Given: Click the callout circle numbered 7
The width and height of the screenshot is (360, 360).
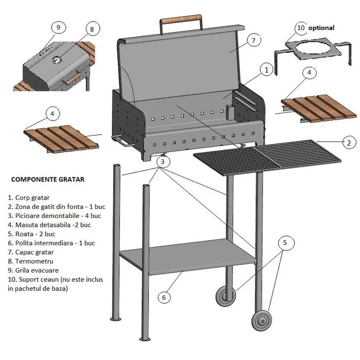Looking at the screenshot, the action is [254, 41].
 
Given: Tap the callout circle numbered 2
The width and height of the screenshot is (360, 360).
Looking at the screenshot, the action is [349, 143].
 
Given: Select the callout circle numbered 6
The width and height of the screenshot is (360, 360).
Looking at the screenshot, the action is [164, 297].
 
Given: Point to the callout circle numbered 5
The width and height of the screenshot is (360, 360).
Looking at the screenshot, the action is [285, 242].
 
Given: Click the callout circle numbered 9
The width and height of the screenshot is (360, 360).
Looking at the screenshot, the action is [58, 27].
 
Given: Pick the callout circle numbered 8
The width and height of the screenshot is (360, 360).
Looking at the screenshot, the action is [92, 29].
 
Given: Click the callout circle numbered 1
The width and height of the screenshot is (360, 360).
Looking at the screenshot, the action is [266, 70].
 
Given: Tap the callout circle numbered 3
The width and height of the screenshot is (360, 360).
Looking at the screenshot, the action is [163, 161].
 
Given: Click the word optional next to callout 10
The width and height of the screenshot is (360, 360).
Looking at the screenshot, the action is [321, 28].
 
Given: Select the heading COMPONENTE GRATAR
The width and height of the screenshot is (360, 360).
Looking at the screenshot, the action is [48, 179].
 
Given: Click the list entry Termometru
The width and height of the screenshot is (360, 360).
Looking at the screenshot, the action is [30, 261].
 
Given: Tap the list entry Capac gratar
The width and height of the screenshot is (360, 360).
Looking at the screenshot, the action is [31, 252].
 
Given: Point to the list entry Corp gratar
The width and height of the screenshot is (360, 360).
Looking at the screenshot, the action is [29, 197].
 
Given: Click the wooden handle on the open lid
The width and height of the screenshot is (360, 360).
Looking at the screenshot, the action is [181, 19].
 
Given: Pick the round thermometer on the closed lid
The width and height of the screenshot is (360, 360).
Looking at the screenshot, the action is [57, 60].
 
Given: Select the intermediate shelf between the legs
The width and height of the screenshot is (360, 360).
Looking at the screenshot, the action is [188, 256].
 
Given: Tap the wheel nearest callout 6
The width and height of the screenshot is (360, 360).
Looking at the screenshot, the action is [226, 296].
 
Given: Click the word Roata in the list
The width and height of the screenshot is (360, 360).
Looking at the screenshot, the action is [24, 234].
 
